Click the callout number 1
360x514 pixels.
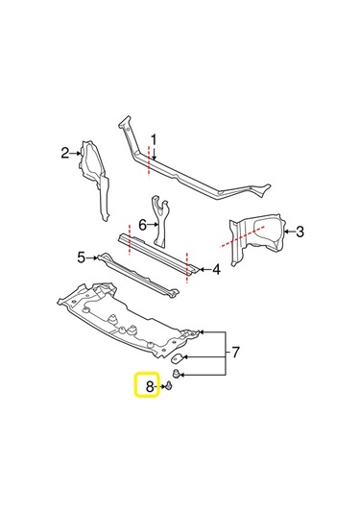(153, 138)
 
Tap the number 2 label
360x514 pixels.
(65, 153)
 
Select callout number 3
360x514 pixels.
(300, 231)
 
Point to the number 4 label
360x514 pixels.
(217, 269)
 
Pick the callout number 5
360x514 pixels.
(82, 257)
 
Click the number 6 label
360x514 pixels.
(142, 225)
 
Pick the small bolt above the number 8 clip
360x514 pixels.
(179, 375)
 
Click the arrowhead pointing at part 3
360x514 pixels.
(285, 231)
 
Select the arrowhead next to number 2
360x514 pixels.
(76, 153)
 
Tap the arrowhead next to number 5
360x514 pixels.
(93, 257)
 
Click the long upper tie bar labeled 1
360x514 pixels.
(192, 173)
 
